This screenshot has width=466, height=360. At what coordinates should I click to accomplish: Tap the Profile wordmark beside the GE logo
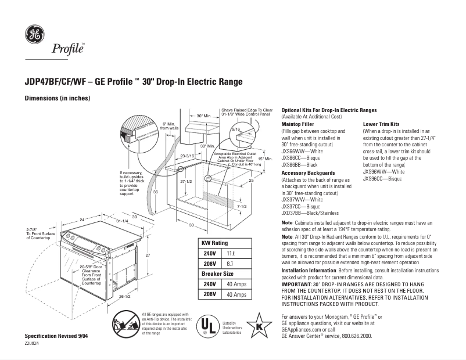coord(69,49)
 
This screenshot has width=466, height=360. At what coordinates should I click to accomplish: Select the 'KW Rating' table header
coord(214,243)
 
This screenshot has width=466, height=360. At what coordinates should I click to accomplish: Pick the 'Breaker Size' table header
coord(217,273)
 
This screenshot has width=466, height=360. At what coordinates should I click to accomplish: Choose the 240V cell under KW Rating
coord(209,253)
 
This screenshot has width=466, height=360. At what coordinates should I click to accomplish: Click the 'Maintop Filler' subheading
coord(297,124)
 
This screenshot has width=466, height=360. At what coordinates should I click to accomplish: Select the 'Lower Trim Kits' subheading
coord(381,124)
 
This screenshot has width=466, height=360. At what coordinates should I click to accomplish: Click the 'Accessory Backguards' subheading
coord(308,173)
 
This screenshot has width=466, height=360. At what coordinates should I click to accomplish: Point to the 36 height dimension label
coord(155,192)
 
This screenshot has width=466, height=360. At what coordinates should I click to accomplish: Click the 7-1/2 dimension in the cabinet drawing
coord(242,206)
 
